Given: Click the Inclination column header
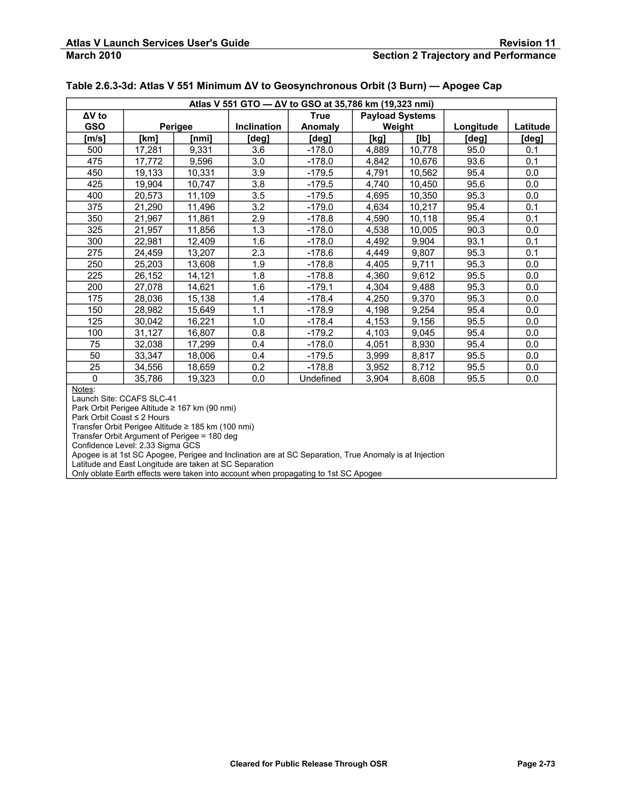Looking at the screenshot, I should [x=258, y=126].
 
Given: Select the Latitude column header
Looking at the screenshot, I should [x=532, y=126].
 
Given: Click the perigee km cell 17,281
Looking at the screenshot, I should [x=148, y=150].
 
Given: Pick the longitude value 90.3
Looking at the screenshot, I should [x=476, y=230].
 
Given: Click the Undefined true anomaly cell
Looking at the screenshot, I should [x=320, y=378].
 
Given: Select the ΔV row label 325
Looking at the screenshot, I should [x=95, y=230].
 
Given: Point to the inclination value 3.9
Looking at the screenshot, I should [x=258, y=173].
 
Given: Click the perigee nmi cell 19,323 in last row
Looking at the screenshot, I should [x=201, y=378].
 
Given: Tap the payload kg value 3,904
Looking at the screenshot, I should [x=377, y=378].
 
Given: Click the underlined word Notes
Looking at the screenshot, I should [x=83, y=389].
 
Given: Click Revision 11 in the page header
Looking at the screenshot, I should [x=527, y=43].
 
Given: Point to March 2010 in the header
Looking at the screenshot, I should [x=93, y=55].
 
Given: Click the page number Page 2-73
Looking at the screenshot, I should [x=536, y=764].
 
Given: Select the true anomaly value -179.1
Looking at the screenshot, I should [x=320, y=287].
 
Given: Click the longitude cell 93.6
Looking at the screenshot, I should [x=476, y=161].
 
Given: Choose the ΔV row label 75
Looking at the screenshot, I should [x=95, y=344].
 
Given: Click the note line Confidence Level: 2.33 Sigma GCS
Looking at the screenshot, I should [x=136, y=445].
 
